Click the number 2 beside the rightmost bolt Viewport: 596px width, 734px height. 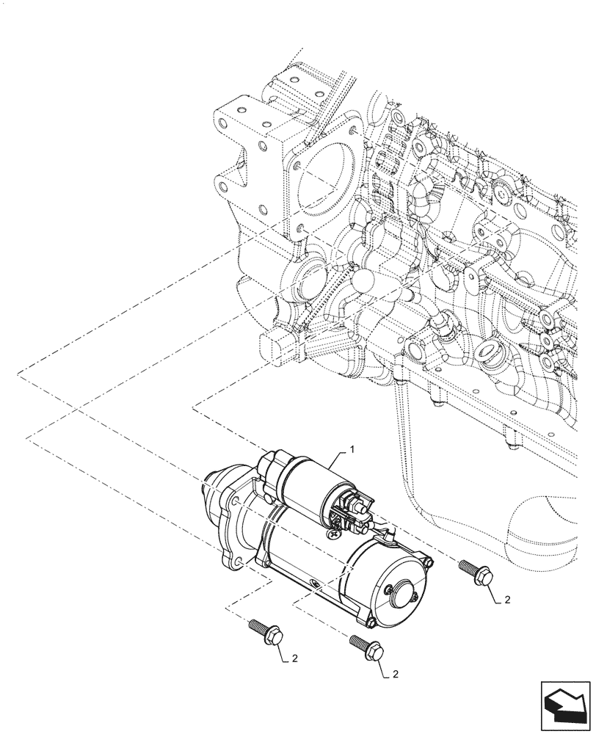tap(506, 600)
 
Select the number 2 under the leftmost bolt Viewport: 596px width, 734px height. tap(294, 658)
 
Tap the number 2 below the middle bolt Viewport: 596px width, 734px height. tap(397, 673)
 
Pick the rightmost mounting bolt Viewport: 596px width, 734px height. tap(476, 573)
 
